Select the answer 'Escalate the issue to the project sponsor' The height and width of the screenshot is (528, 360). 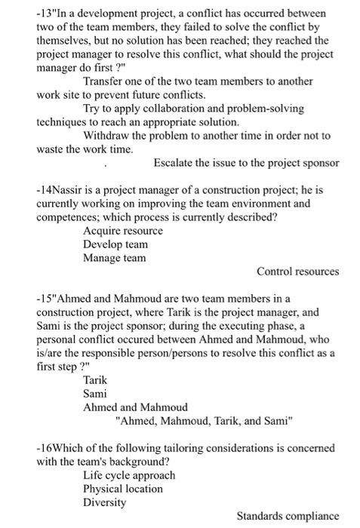pyautogui.click(x=246, y=163)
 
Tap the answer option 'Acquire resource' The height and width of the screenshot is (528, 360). pyautogui.click(x=123, y=231)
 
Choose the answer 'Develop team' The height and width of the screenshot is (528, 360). pyautogui.click(x=115, y=244)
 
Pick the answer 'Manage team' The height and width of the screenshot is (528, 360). pyautogui.click(x=115, y=258)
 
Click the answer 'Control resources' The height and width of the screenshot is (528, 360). pyautogui.click(x=297, y=272)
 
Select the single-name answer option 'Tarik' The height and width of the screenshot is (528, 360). pyautogui.click(x=96, y=380)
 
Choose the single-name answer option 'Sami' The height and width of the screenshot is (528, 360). pyautogui.click(x=95, y=394)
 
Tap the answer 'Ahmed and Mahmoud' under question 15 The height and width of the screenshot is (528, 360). pyautogui.click(x=135, y=407)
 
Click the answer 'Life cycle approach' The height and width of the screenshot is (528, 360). pyautogui.click(x=129, y=475)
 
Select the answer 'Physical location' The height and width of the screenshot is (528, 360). pyautogui.click(x=123, y=489)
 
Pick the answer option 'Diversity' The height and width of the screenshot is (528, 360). pyautogui.click(x=105, y=502)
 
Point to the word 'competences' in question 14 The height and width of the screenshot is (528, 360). pyautogui.click(x=69, y=217)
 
